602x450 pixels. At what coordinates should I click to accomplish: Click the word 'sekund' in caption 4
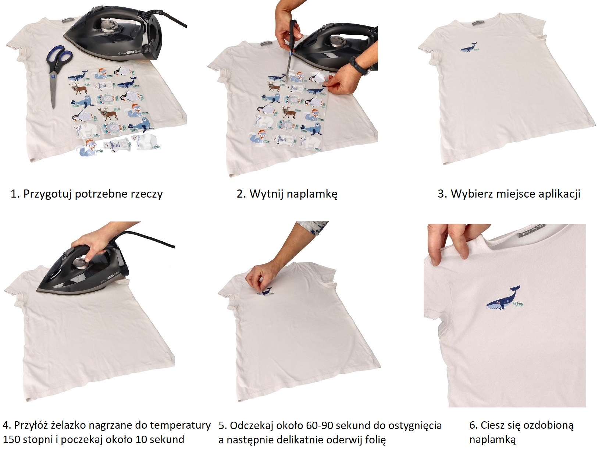pos(168,440)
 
